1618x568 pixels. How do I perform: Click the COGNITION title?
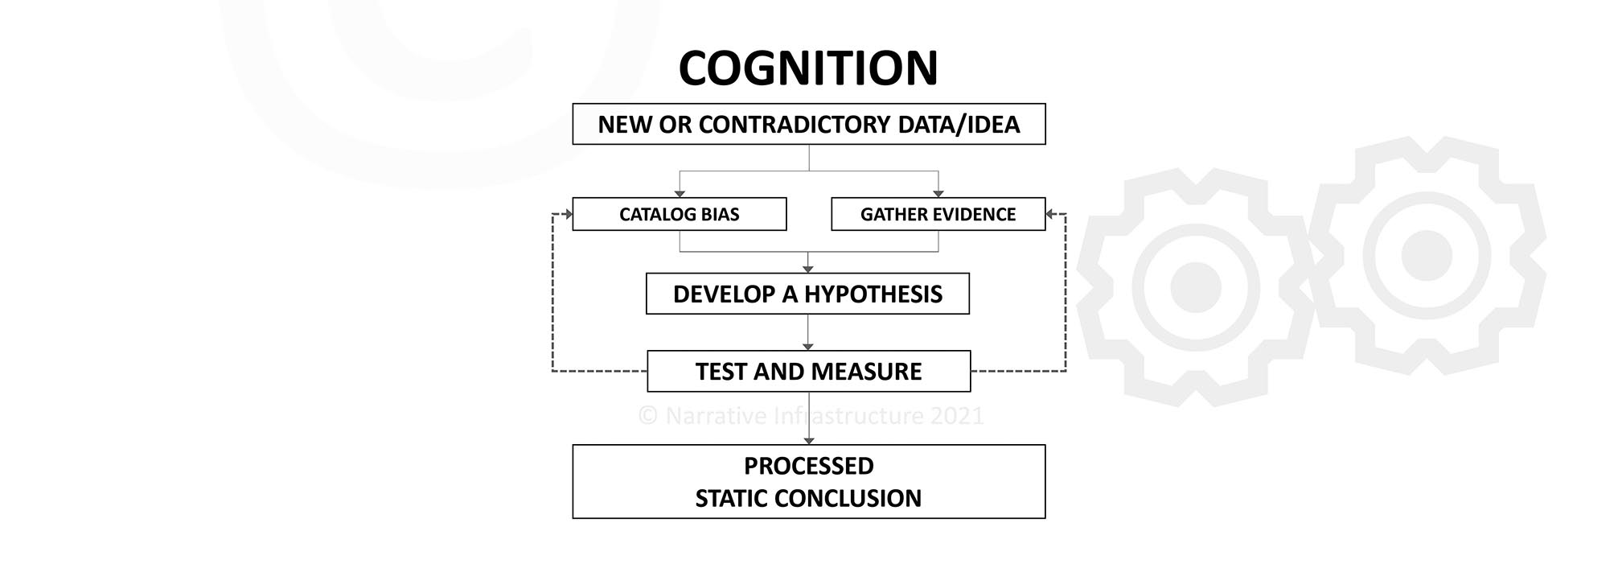808,68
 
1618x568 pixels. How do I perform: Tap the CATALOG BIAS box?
679,214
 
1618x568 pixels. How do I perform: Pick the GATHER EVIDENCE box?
938,214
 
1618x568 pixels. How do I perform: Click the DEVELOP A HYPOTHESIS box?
807,294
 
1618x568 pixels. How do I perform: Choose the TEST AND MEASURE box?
808,371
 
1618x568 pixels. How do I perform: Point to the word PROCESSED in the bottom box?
808,466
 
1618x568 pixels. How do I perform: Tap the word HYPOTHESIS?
873,294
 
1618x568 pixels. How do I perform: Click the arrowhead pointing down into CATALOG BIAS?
680,193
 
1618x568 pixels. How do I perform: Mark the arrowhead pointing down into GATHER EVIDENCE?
938,193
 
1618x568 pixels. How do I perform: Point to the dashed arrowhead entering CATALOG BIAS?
568,214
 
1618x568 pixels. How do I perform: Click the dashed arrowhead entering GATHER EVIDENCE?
1050,214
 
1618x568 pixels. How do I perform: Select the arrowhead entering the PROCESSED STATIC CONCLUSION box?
808,440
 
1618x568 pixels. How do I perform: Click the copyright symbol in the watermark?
648,416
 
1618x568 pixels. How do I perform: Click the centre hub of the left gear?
1195,286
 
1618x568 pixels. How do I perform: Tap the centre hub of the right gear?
1426,255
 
